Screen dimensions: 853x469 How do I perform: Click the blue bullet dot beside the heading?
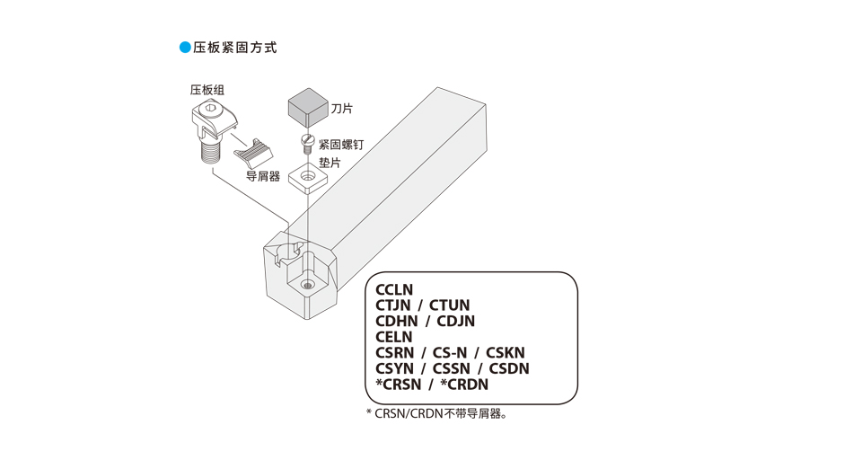point(185,48)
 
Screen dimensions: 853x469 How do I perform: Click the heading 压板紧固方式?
point(235,48)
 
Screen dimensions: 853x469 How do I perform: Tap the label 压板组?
point(207,90)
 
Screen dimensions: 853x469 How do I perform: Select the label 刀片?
point(341,109)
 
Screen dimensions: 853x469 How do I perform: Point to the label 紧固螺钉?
point(341,145)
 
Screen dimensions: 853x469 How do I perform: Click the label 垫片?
point(330,162)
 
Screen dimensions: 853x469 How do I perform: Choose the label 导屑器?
point(263,176)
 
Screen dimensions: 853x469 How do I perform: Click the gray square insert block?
point(307,109)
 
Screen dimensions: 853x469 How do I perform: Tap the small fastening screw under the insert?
point(308,143)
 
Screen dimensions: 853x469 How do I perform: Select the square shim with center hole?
point(308,177)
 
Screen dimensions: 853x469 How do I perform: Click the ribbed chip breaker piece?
point(253,154)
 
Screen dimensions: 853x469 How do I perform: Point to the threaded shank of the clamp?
point(210,151)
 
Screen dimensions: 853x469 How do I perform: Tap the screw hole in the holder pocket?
point(307,285)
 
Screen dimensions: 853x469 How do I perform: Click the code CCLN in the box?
point(394,289)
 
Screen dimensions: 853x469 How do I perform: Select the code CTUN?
point(449,305)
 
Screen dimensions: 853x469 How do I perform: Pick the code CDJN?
point(456,321)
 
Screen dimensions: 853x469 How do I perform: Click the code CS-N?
point(450,352)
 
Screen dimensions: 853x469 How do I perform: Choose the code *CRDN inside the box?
point(464,385)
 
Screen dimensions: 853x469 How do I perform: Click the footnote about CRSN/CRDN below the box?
point(437,413)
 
